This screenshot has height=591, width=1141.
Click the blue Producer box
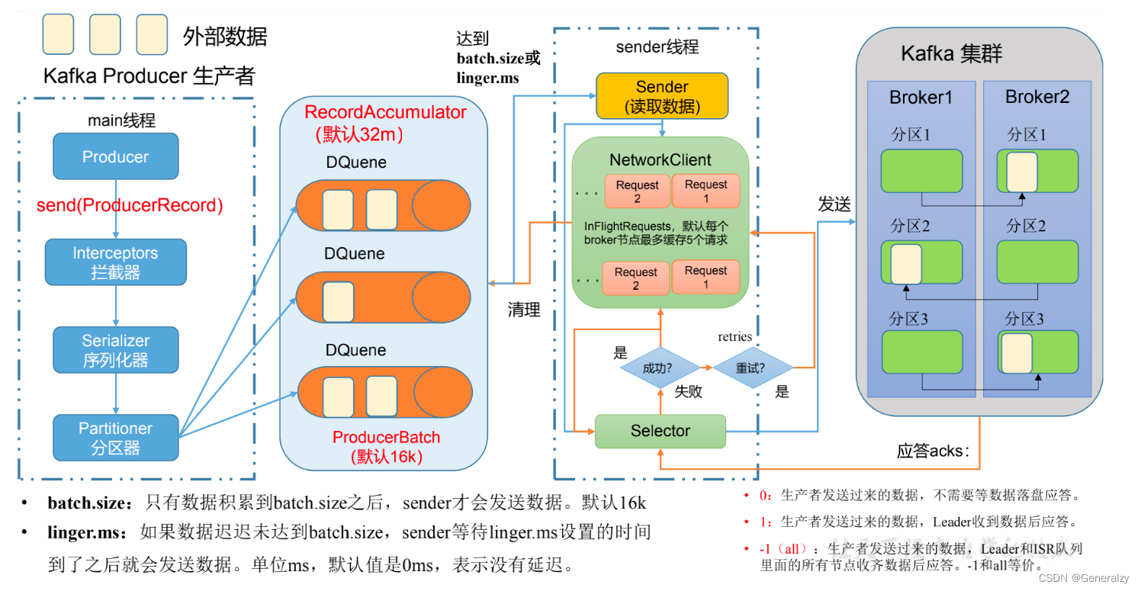click(x=115, y=157)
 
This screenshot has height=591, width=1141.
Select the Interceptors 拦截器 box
click(x=115, y=262)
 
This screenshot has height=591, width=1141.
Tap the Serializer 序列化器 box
click(x=115, y=350)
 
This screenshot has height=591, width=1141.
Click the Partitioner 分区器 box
click(x=115, y=438)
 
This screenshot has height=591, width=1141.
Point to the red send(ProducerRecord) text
click(x=130, y=205)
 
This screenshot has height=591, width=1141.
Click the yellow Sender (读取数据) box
click(x=661, y=97)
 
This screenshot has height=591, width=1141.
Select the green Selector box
click(x=660, y=432)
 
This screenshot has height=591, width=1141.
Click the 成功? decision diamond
click(x=659, y=368)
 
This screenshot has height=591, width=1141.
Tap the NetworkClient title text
click(x=660, y=160)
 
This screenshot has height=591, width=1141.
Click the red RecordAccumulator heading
click(x=385, y=112)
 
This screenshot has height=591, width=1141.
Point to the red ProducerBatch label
click(x=386, y=438)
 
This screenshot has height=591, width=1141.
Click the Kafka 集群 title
click(x=951, y=54)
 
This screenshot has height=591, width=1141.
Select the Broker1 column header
click(x=921, y=98)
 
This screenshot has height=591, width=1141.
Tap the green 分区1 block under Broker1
click(x=921, y=171)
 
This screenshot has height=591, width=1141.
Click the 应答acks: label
click(x=932, y=451)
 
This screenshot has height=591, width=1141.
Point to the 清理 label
click(x=524, y=310)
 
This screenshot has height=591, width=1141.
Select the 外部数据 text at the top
click(x=225, y=35)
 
